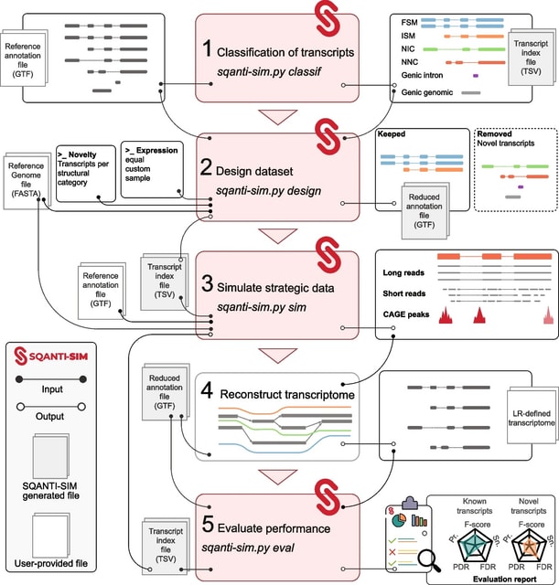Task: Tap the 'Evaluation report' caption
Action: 492,577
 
